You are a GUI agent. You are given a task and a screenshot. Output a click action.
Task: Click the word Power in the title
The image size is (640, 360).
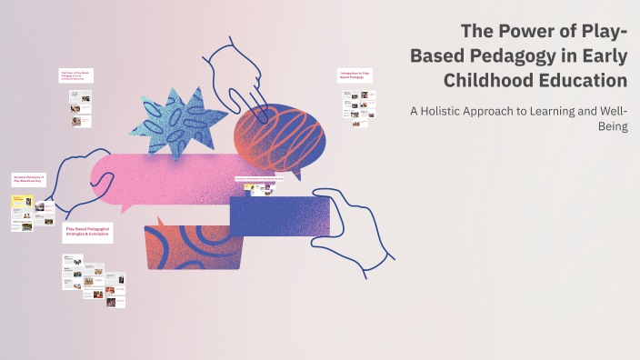coord(511,33)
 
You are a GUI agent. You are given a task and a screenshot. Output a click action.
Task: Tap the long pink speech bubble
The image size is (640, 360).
coord(159,177)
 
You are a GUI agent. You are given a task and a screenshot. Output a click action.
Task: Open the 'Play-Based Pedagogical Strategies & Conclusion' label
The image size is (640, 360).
coord(90,235)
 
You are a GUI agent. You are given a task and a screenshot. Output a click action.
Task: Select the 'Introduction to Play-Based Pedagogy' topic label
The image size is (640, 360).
coord(355,75)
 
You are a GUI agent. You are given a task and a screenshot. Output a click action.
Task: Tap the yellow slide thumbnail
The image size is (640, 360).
coord(17,202)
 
